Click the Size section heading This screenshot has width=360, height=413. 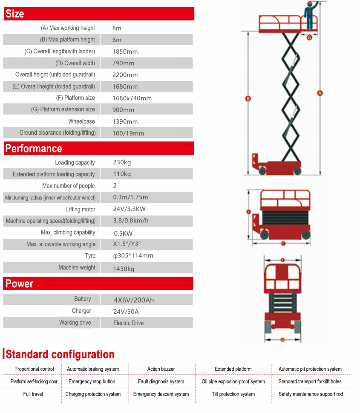(x=15, y=14)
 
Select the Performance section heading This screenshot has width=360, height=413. (x=34, y=148)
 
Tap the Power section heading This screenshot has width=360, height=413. (x=19, y=283)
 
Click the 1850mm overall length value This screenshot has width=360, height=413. (x=125, y=52)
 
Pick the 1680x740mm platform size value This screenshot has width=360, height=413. (x=132, y=98)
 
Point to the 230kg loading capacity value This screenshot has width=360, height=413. (x=122, y=162)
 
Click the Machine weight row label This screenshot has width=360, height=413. (x=77, y=268)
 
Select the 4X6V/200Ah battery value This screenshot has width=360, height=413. (x=133, y=300)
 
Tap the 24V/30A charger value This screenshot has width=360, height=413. (x=126, y=311)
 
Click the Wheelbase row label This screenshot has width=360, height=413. (x=81, y=121)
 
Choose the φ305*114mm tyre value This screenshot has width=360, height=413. (x=132, y=256)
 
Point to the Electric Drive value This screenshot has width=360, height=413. (x=128, y=323)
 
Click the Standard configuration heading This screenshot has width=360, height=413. (x=60, y=354)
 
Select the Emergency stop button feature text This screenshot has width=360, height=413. (x=92, y=381)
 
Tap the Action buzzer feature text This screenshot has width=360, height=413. (x=161, y=369)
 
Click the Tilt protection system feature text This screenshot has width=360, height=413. (x=233, y=394)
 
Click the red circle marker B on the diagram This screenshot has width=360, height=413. (x=248, y=98)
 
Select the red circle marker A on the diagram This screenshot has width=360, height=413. (x=320, y=93)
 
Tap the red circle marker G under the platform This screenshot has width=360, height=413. (x=309, y=37)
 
